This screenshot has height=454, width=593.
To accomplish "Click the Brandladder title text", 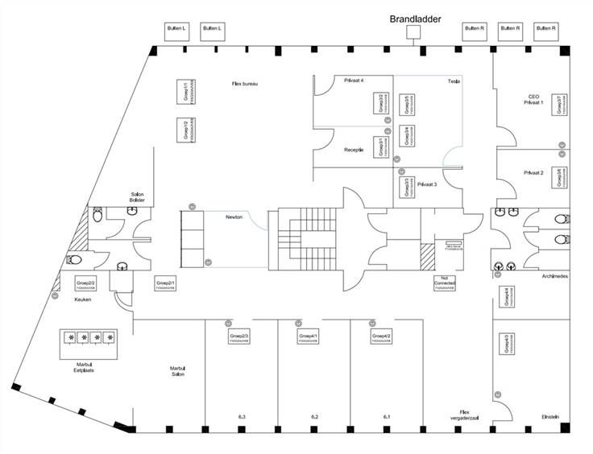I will [415, 18].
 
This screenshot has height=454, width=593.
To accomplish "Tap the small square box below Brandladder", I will [414, 32].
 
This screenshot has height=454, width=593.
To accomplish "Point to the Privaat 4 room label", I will [355, 80].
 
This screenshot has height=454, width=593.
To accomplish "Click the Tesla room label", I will [454, 83].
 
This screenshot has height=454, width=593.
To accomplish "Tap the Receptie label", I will [355, 151].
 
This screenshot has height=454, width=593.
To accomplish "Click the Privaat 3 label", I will [428, 184].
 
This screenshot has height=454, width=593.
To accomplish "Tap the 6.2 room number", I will [315, 416].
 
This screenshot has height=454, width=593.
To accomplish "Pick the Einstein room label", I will [552, 417].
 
